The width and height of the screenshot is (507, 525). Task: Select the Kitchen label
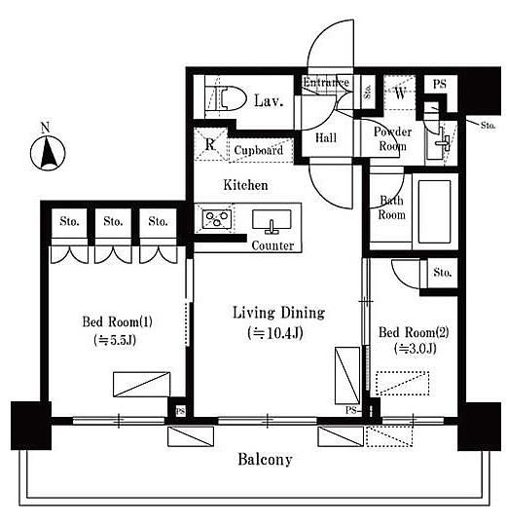245,185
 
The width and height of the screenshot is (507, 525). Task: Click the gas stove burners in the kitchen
217,219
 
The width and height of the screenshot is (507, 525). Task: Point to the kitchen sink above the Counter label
272,221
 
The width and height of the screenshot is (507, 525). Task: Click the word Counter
272,245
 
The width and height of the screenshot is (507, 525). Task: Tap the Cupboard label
259,150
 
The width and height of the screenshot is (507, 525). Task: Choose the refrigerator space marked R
210,144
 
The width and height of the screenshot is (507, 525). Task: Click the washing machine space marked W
400,94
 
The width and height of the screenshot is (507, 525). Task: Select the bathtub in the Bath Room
434,211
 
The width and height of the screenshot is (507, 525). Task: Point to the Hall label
326,137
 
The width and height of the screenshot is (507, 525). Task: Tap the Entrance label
326,83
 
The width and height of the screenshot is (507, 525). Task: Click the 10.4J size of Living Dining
275,333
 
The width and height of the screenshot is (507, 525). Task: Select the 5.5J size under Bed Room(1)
115,340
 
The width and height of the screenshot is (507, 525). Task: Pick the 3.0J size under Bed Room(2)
415,349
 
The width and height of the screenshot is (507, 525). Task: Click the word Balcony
266,460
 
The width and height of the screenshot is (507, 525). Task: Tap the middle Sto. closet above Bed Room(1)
113,222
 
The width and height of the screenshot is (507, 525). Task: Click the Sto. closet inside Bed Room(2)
442,273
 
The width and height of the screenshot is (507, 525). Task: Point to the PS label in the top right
440,84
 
